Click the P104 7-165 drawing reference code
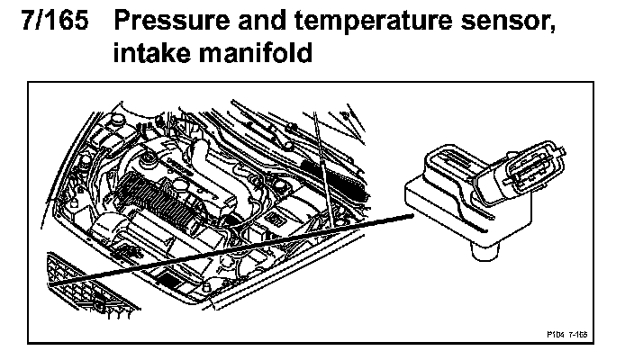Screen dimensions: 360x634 (567, 333)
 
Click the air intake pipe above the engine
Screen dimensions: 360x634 (225, 171)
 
